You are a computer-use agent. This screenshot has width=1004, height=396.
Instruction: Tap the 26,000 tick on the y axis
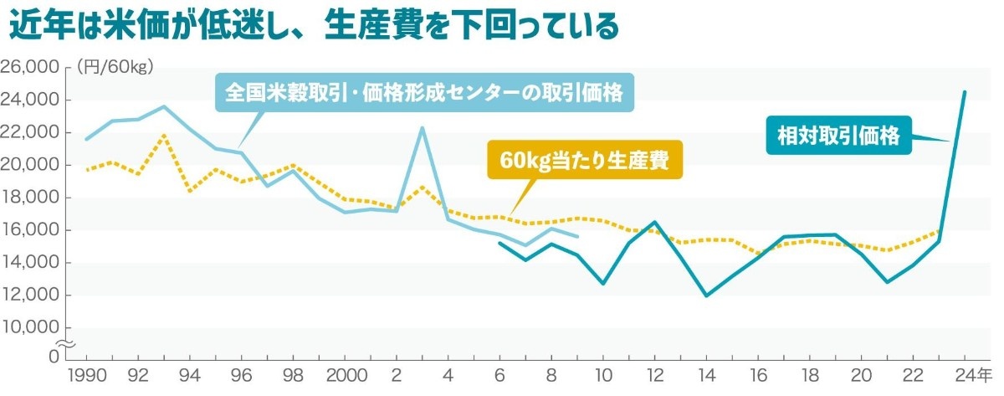31,67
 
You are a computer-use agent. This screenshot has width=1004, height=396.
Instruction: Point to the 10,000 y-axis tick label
31,327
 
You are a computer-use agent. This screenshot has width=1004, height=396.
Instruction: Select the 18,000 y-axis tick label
31,198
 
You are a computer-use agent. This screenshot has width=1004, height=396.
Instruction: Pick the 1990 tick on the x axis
86,374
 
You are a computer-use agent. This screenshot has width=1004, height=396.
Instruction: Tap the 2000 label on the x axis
345,374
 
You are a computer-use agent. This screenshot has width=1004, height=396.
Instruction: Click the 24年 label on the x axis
972,374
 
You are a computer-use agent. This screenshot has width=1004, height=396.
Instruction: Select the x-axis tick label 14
707,374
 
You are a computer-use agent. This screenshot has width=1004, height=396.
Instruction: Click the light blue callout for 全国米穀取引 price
424,92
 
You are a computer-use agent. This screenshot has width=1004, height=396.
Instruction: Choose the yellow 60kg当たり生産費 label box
585,160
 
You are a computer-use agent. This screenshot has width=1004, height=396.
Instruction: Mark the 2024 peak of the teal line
965,91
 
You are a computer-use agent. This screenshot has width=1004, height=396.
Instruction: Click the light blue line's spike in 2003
422,127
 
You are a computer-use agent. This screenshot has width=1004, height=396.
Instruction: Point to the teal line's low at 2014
707,296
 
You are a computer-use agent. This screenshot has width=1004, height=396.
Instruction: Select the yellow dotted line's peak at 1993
164,135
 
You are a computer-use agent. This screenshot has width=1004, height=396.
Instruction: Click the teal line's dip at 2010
603,284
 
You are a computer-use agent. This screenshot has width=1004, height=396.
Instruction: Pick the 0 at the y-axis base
54,357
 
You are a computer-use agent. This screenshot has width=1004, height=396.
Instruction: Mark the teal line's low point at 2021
888,282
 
